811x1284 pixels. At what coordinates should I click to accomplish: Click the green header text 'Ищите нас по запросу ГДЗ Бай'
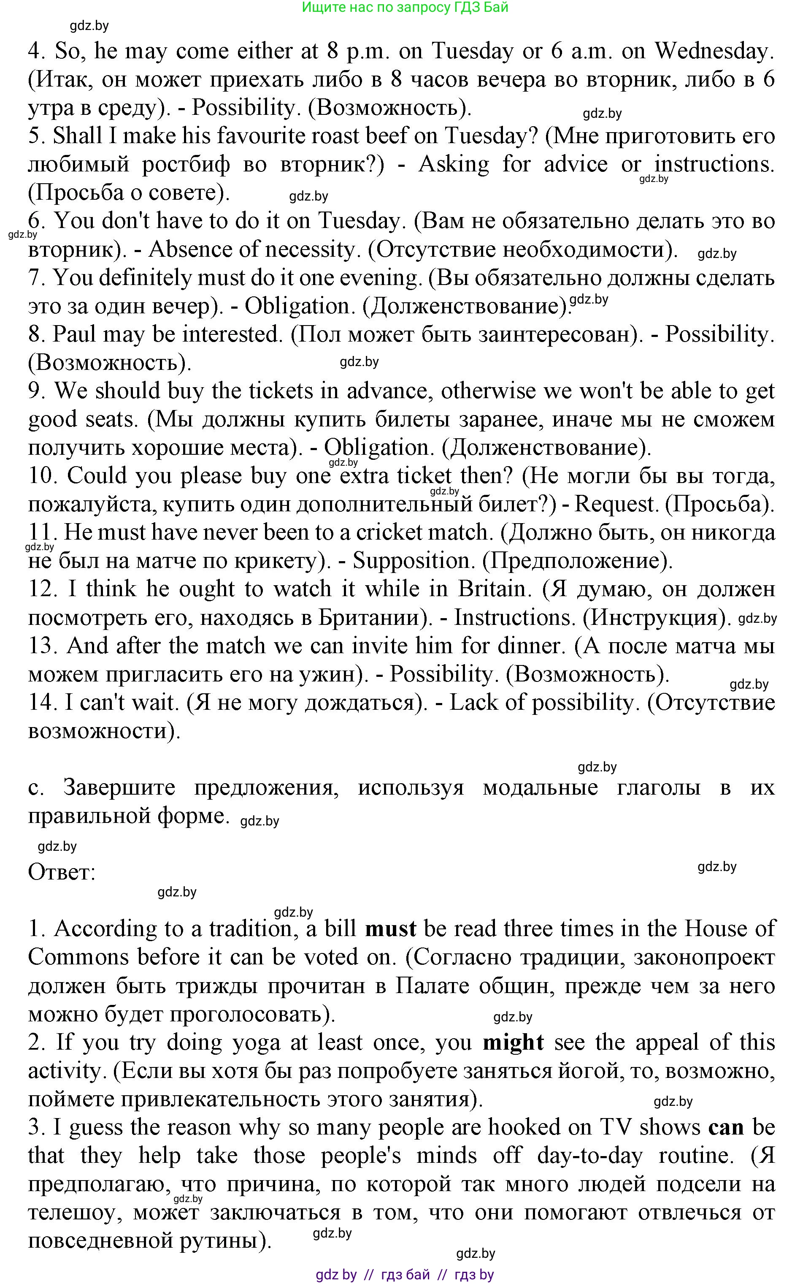(405, 8)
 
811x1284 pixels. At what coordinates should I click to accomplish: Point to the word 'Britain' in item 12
(491, 589)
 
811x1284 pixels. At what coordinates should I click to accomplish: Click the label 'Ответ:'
(62, 873)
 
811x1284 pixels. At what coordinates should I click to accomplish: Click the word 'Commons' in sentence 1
(78, 957)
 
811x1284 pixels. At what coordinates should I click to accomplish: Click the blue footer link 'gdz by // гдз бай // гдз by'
(405, 1274)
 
